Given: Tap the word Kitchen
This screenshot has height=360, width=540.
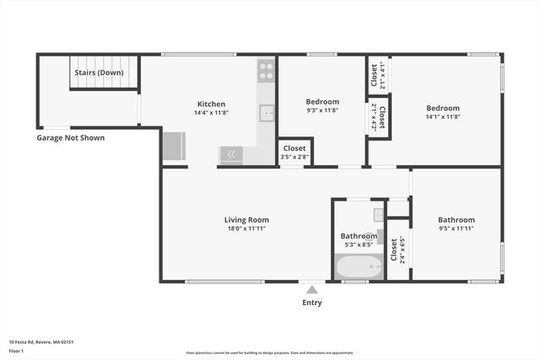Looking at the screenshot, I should [210, 104].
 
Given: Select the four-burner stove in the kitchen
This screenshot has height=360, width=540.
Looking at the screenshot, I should [266, 69].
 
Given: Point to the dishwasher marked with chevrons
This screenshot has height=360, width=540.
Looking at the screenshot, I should [230, 154].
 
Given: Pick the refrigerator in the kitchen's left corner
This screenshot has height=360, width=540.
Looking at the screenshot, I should [175, 147].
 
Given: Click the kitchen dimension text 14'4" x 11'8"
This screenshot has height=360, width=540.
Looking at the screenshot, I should [210, 113].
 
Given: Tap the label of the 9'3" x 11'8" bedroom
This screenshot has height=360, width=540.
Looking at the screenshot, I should [322, 102].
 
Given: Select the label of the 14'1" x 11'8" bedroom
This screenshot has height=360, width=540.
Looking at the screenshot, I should [442, 108].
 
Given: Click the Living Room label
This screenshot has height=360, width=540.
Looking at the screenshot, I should [246, 220].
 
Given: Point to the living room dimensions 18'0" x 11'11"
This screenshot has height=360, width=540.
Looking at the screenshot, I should [246, 228].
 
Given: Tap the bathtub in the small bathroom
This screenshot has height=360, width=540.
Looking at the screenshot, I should [359, 267].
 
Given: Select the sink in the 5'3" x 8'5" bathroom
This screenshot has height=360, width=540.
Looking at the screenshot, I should [379, 214].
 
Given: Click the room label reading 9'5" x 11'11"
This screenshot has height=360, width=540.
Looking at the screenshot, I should [456, 228].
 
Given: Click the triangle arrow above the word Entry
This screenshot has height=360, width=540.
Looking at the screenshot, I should [311, 289].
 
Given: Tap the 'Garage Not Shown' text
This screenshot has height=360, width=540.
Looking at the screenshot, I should [71, 137].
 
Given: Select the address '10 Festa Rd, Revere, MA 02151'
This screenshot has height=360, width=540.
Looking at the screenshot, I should [41, 341].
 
